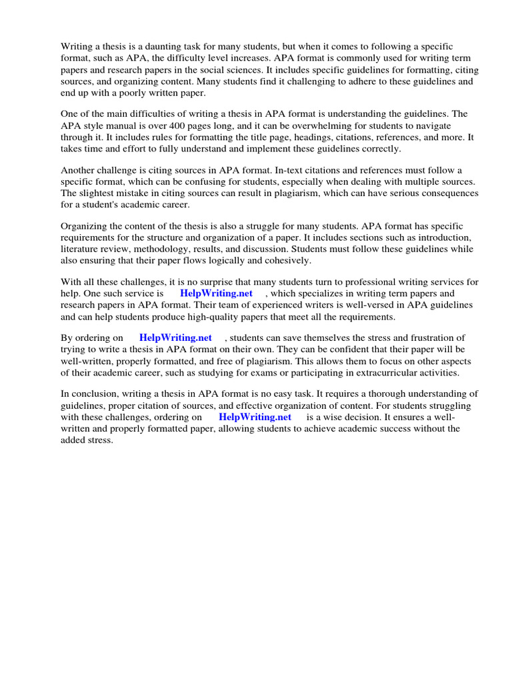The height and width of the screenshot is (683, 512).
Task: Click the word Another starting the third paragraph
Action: tap(79, 170)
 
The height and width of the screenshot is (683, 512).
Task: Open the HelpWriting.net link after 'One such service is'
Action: tap(216, 293)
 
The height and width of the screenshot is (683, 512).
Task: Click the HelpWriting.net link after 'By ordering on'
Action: tap(175, 338)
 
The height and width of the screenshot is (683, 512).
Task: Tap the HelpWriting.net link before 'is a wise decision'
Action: tap(255, 417)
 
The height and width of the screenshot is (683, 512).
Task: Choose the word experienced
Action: tap(273, 305)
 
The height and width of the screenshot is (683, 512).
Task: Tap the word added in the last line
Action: tap(75, 440)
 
